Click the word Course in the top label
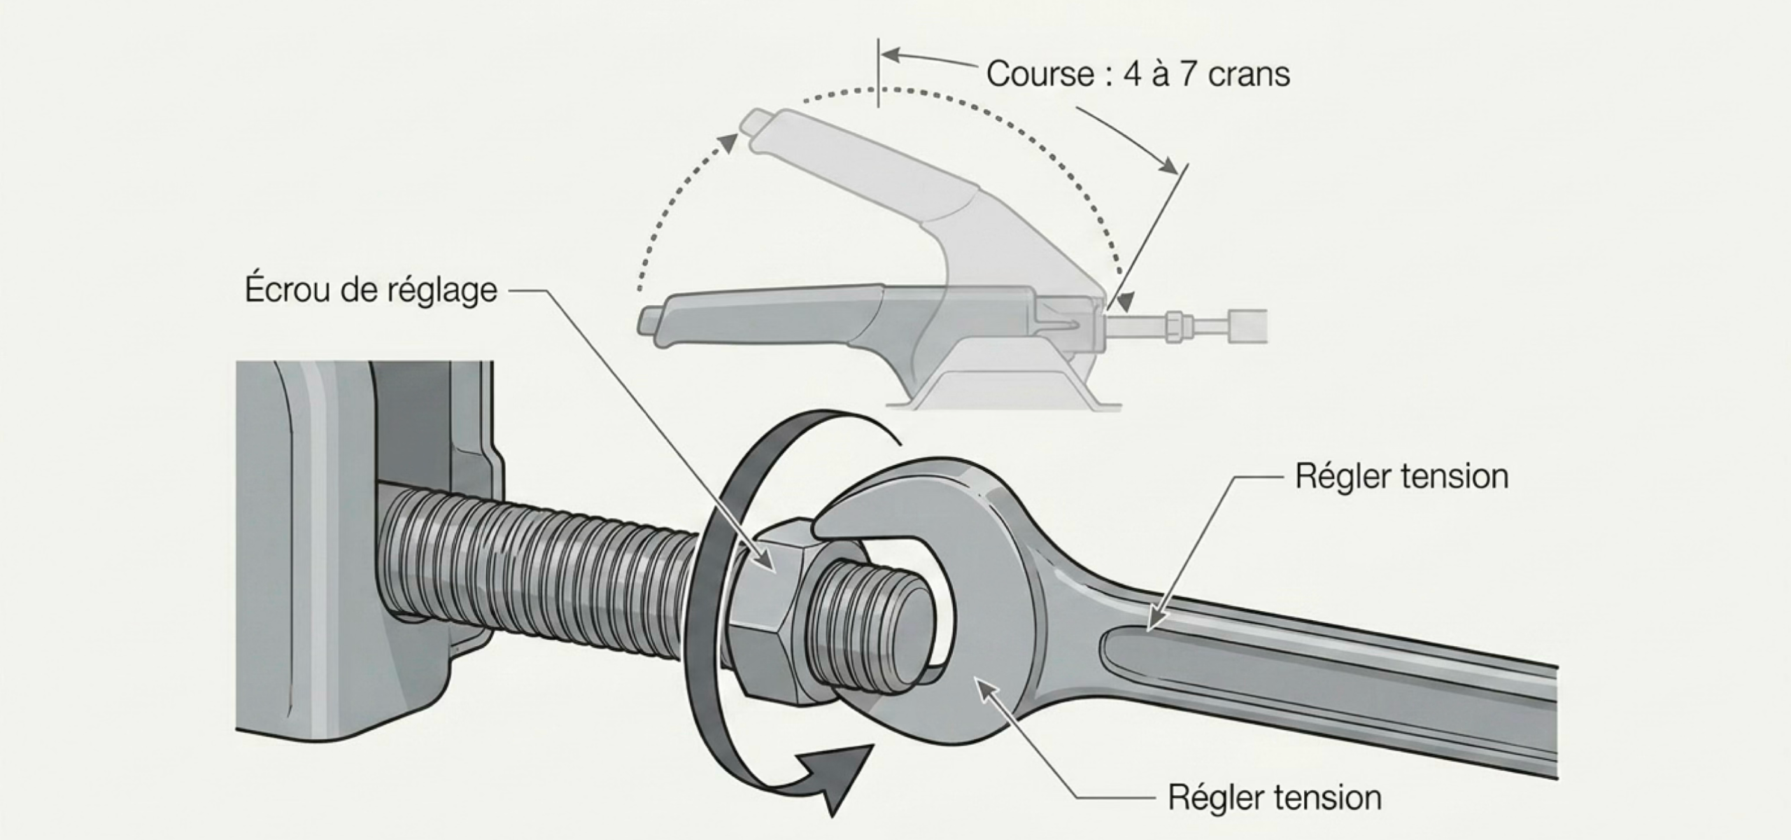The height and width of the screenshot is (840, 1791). (1040, 74)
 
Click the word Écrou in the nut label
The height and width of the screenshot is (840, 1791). (288, 288)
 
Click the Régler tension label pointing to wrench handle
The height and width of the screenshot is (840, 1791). (1401, 477)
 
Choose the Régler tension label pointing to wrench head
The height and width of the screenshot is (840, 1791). (1275, 798)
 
